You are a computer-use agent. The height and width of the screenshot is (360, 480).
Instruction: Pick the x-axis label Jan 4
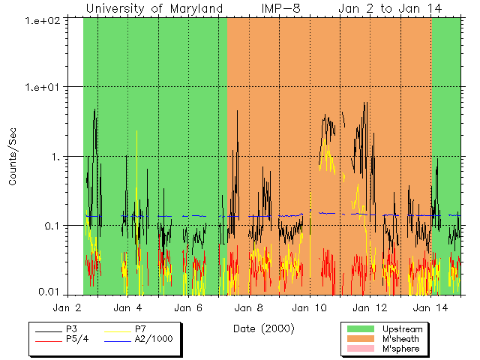coord(127,307)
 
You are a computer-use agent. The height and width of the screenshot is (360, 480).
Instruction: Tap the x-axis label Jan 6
coord(188,307)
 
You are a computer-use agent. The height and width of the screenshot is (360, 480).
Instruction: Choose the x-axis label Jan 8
coord(249,307)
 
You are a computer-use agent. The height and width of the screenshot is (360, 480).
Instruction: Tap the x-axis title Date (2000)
coord(263,328)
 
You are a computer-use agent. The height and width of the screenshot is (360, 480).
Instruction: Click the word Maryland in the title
coord(196,8)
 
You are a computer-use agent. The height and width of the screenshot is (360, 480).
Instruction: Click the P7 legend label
coord(140,328)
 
